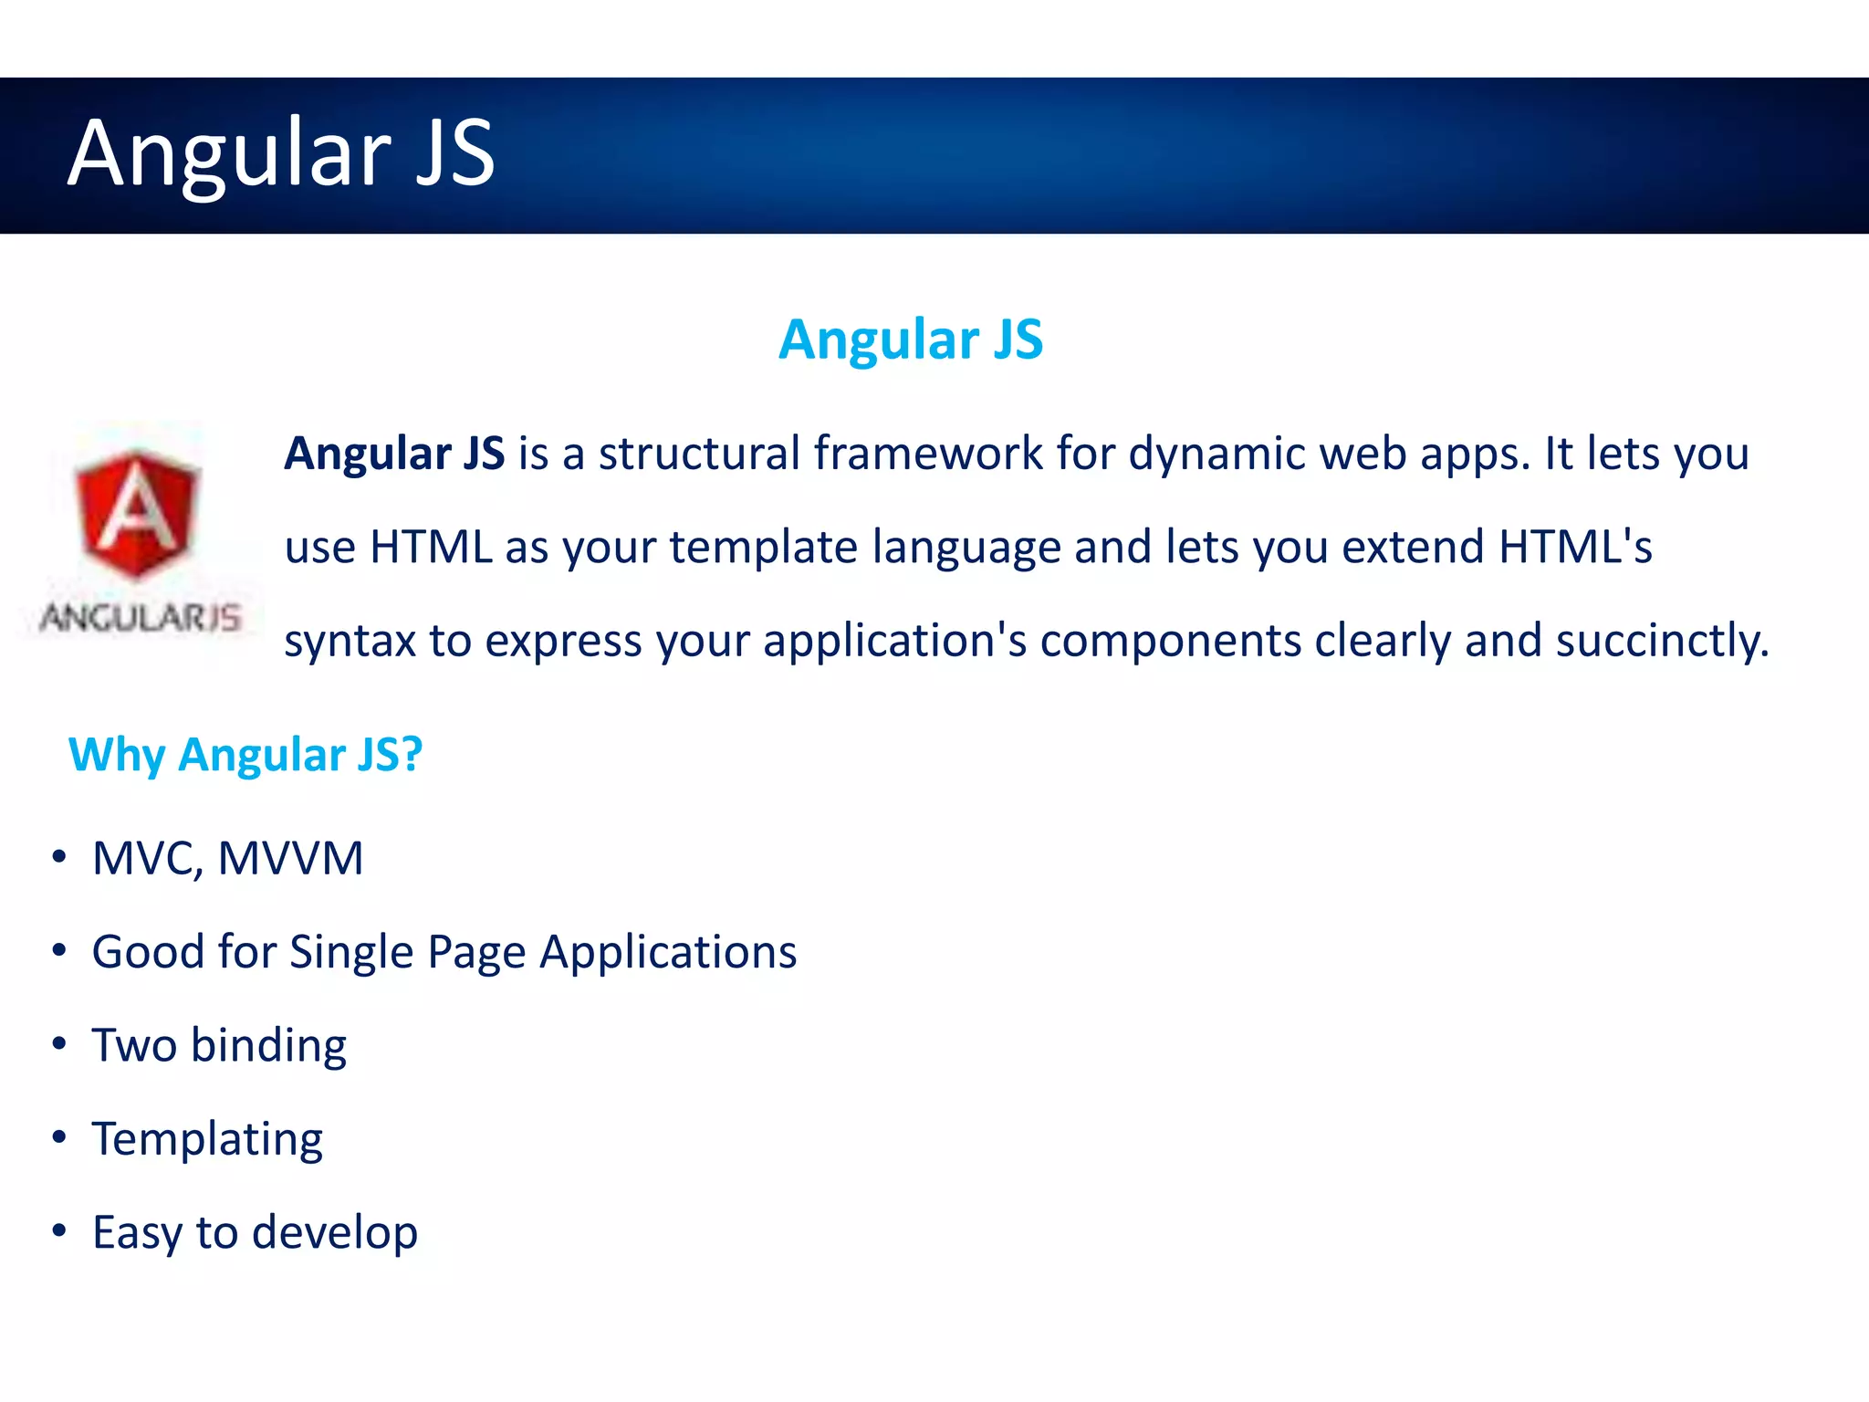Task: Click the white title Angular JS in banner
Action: pos(281,153)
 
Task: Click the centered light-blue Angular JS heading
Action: pos(910,340)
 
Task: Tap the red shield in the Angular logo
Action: pos(137,513)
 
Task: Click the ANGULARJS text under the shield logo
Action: pos(141,618)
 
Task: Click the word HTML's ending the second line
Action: pos(1575,547)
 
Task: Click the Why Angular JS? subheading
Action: pos(245,755)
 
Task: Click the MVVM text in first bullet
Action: pos(290,859)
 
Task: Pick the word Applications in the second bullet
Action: pos(668,952)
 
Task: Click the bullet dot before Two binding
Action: pos(59,1043)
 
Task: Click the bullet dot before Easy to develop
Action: pos(59,1230)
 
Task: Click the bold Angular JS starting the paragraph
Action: pos(394,454)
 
